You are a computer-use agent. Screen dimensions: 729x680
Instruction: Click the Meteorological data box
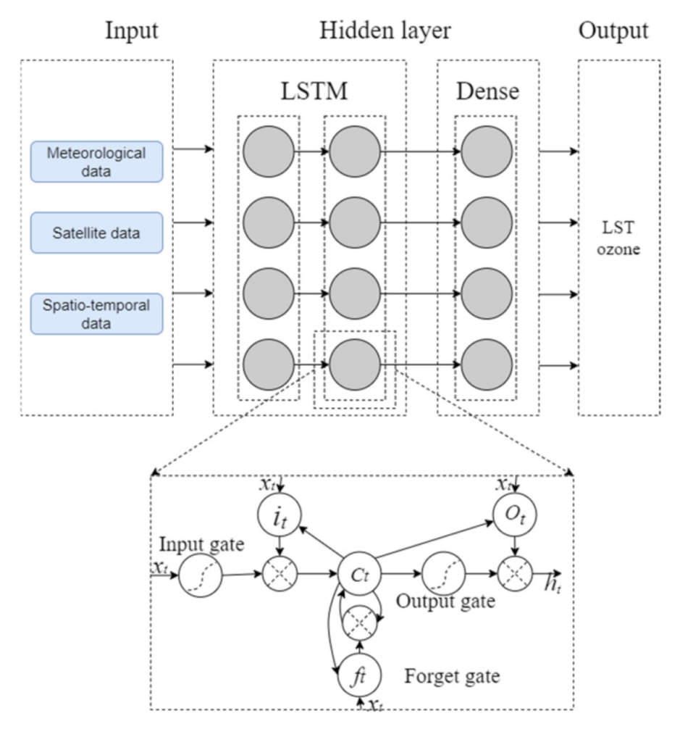(x=96, y=161)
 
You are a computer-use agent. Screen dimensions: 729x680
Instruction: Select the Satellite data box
(x=96, y=233)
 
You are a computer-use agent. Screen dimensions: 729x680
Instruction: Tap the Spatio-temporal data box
(x=96, y=313)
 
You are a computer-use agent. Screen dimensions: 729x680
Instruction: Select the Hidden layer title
(x=385, y=30)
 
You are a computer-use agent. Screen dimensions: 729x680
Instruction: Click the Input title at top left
(x=132, y=30)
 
